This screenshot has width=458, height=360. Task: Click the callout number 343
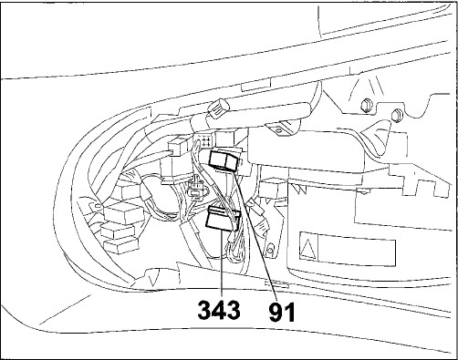click(x=219, y=311)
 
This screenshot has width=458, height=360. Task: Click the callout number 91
click(x=282, y=312)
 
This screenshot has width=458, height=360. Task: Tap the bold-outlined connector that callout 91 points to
click(x=225, y=160)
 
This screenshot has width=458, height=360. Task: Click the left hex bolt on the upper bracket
click(x=366, y=105)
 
